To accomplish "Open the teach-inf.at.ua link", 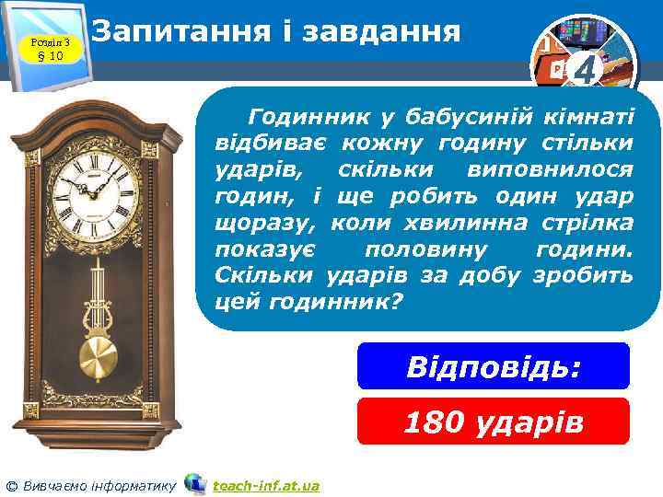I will point(265,485).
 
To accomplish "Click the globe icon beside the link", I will point(194,483).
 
